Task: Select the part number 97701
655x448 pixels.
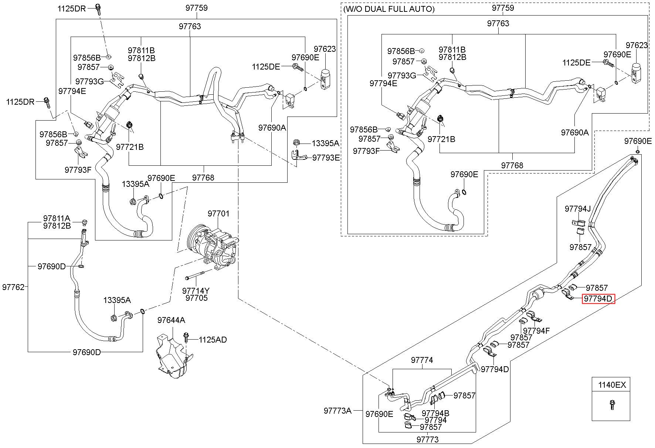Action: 218,213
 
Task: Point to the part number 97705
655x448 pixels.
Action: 196,298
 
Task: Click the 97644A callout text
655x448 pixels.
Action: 171,320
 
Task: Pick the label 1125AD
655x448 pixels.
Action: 213,340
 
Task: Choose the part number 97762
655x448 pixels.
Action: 13,287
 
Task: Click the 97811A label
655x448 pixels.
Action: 57,219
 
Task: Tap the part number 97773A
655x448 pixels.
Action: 337,410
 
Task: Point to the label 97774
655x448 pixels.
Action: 422,360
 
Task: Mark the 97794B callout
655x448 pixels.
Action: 435,413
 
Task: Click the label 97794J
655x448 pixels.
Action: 578,209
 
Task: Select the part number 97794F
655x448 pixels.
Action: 537,331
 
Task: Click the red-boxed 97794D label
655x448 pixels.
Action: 598,299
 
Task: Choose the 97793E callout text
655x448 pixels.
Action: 326,158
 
